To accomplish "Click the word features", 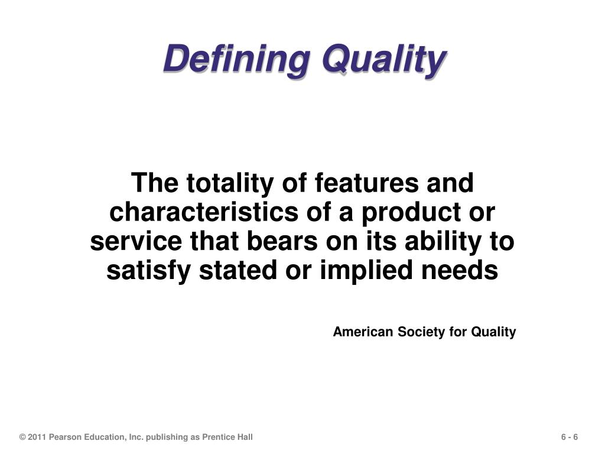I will tap(366, 183).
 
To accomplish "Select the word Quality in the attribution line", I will tap(493, 332).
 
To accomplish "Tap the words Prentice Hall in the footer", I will tap(227, 437).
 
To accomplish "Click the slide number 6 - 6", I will tap(570, 437).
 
